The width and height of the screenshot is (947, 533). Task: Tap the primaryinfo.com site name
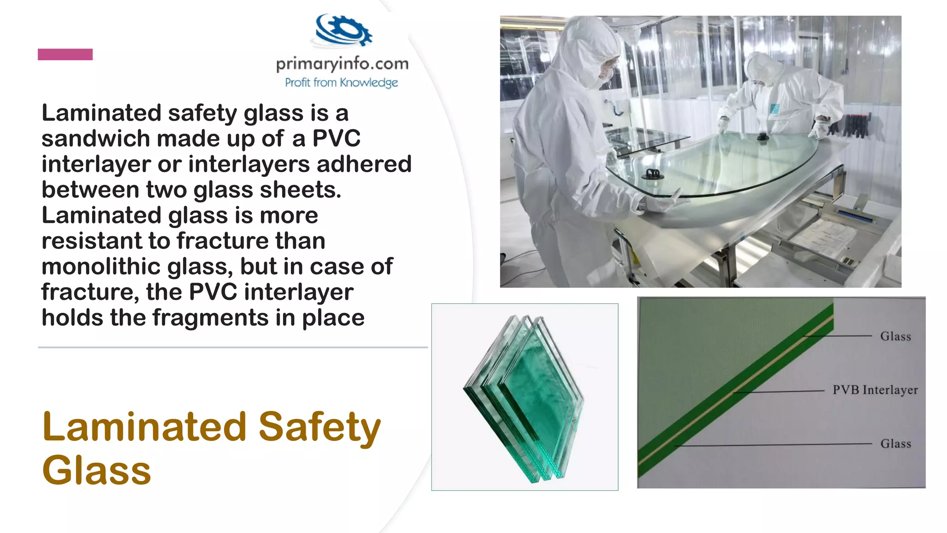tap(342, 63)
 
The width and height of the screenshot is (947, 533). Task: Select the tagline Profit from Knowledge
tap(341, 83)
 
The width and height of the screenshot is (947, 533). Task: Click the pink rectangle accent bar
tap(65, 55)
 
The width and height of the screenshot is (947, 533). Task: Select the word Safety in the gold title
tap(319, 427)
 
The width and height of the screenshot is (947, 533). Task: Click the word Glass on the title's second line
tap(96, 471)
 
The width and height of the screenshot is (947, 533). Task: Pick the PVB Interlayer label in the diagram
tap(875, 390)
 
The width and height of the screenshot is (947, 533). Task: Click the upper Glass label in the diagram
tap(895, 336)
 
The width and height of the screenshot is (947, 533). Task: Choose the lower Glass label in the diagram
tap(895, 444)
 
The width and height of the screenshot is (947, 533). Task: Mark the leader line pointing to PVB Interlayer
tap(781, 392)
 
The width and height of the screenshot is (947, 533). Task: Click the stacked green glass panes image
tap(524, 398)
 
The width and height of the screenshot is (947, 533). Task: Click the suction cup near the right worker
tap(763, 136)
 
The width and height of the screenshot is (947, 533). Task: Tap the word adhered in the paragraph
tap(364, 164)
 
